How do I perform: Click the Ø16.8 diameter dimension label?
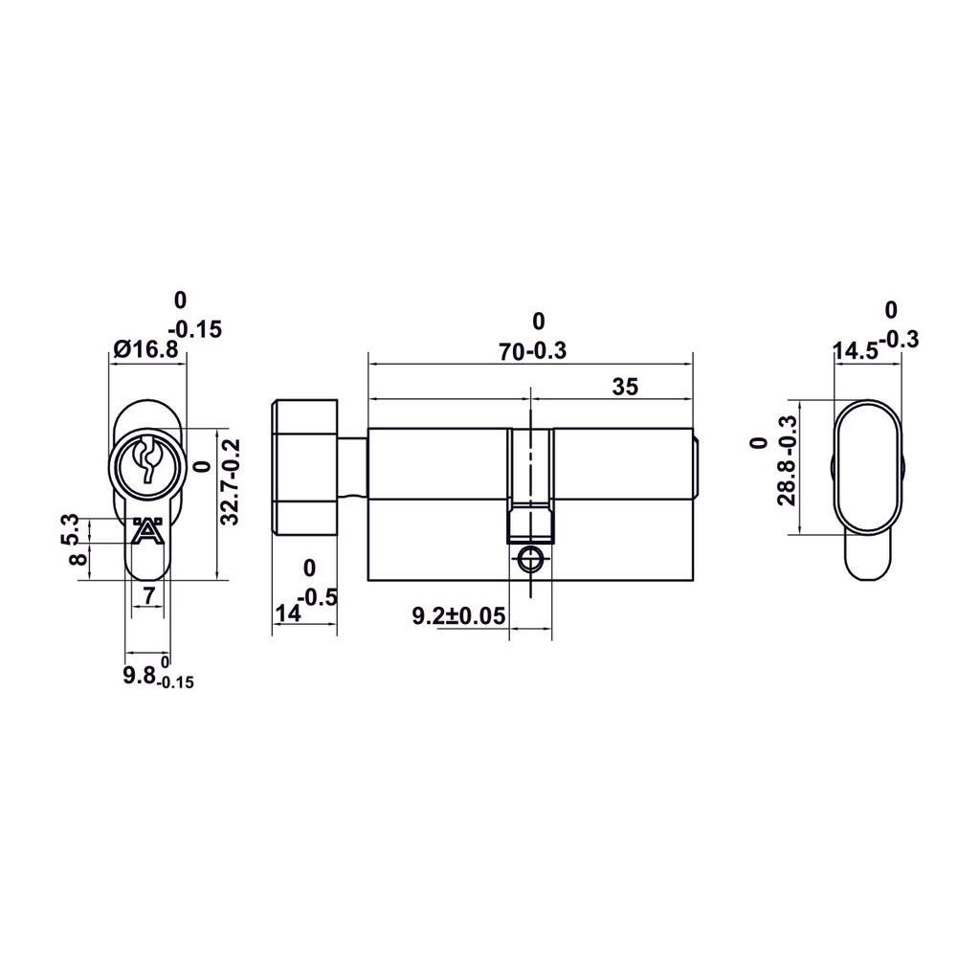[x=145, y=350]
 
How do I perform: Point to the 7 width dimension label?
[x=147, y=596]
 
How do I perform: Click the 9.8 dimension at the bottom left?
[x=140, y=677]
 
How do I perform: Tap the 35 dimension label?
[x=624, y=387]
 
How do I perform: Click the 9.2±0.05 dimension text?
[x=457, y=616]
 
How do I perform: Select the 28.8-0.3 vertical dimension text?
[x=787, y=474]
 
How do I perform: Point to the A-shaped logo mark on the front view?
[x=146, y=531]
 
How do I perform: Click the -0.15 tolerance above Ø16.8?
[x=197, y=329]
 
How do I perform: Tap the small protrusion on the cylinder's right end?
[x=698, y=467]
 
